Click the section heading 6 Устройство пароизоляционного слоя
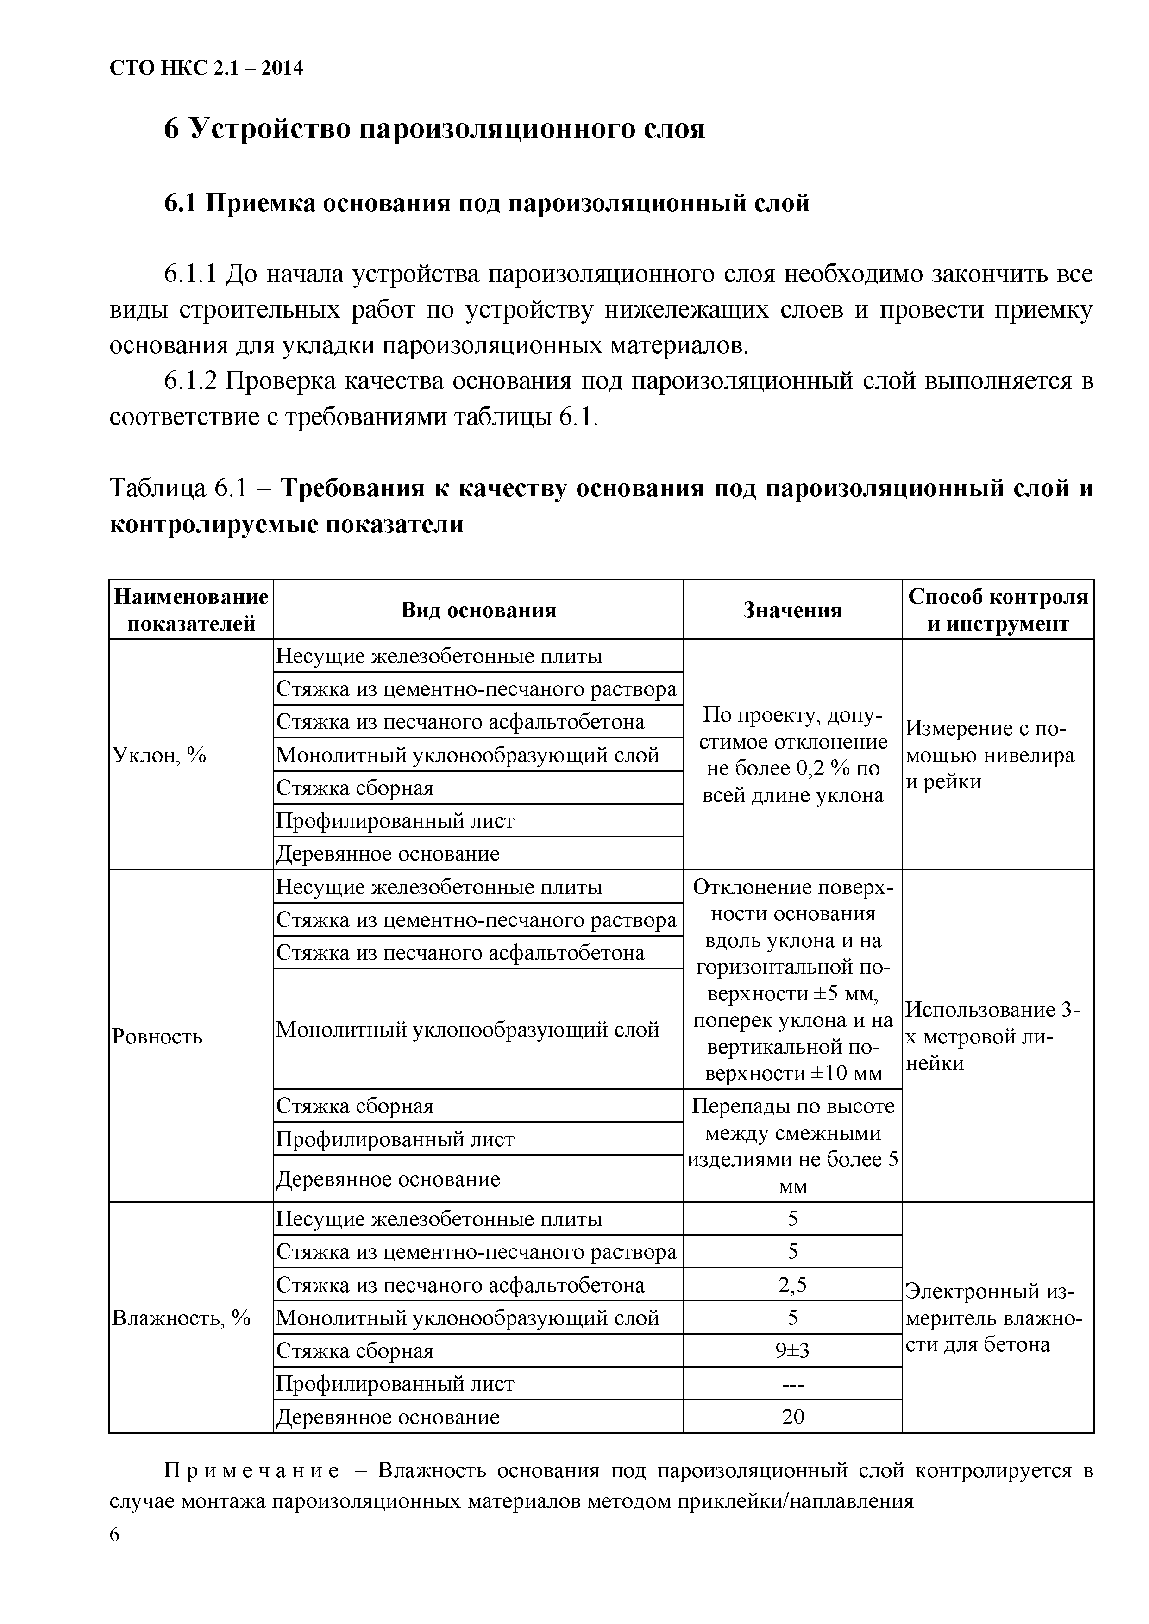pos(434,130)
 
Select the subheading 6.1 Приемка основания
pos(487,204)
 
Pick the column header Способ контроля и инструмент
pos(998,610)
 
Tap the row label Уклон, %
pos(160,756)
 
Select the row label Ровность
pos(157,1037)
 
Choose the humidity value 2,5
pos(792,1285)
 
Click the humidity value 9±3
pos(792,1351)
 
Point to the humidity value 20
pos(792,1417)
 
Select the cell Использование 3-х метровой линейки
pos(992,1037)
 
